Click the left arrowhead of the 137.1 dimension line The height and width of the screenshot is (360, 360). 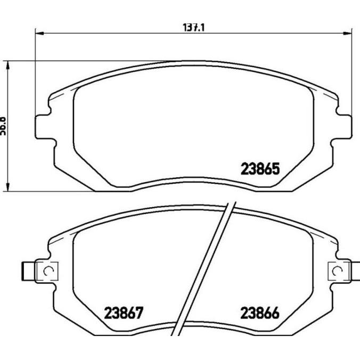click(x=38, y=32)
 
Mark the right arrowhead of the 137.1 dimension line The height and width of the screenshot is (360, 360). click(x=349, y=32)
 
